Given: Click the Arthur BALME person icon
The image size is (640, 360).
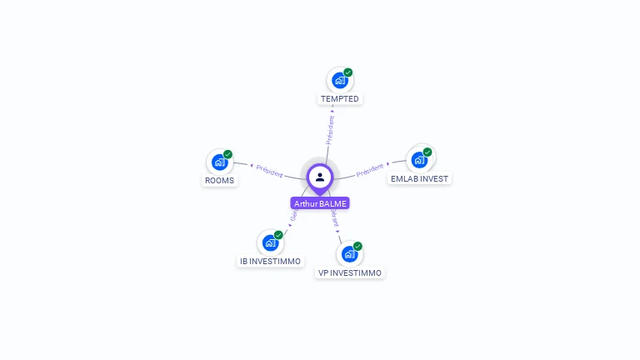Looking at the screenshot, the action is click(x=320, y=177).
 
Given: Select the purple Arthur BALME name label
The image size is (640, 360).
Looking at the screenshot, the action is click(x=320, y=203).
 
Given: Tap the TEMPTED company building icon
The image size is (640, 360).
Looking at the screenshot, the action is click(x=339, y=80).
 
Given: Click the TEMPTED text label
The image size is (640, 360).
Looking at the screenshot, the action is click(x=340, y=99).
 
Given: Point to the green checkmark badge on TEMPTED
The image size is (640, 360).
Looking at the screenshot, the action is click(x=348, y=72).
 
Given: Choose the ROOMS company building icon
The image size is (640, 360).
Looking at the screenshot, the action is click(x=219, y=162).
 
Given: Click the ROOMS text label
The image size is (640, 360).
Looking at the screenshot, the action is click(x=220, y=180).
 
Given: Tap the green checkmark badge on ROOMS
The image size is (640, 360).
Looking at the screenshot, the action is click(x=227, y=154).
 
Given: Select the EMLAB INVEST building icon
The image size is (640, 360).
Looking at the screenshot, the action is click(x=419, y=159).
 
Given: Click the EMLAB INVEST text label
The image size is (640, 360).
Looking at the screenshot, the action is click(x=420, y=178).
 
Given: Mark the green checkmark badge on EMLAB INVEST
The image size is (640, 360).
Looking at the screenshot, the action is click(x=427, y=152).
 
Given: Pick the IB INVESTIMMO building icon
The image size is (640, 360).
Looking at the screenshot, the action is click(x=270, y=242).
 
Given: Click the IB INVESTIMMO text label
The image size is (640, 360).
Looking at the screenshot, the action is click(x=271, y=262).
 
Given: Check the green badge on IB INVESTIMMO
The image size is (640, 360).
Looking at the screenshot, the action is click(x=278, y=235).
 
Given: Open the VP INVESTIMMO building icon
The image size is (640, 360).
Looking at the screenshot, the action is click(x=349, y=253).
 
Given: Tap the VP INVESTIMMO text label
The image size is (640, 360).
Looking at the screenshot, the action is click(x=350, y=272).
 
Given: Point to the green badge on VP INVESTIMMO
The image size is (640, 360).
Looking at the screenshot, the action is click(x=357, y=246).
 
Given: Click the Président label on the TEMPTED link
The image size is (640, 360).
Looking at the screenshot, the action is click(x=331, y=130).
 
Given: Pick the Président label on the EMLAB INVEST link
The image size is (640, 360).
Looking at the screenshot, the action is click(x=370, y=171).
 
